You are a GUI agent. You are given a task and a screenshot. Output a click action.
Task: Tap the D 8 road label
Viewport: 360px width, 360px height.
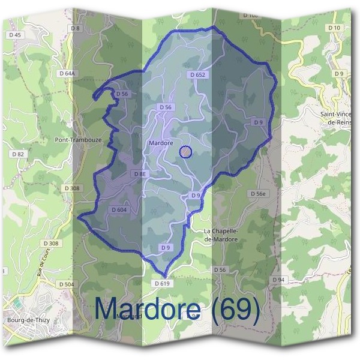click(75, 28)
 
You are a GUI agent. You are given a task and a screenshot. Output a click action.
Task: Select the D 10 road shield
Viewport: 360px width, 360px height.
click(334, 28)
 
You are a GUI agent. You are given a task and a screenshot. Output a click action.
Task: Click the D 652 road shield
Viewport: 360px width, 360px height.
click(197, 75)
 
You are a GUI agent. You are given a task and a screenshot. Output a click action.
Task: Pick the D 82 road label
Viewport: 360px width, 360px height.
click(18, 154)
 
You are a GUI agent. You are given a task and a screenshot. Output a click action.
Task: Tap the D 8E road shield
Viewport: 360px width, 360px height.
click(140, 173)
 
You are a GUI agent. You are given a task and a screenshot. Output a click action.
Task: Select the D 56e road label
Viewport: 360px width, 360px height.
click(257, 193)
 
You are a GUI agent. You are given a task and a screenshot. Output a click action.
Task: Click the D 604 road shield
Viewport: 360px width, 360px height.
click(119, 210)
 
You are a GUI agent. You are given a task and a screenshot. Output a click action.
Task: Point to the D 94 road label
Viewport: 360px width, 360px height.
click(278, 280)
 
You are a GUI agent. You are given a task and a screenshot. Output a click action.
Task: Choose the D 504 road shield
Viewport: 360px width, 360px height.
click(66, 284)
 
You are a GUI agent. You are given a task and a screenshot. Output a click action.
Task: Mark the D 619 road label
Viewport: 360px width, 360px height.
click(162, 283)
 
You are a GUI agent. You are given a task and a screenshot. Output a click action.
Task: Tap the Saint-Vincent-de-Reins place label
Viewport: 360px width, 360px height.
click(339, 118)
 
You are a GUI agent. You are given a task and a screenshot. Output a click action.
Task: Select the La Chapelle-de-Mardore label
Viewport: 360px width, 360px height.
click(221, 235)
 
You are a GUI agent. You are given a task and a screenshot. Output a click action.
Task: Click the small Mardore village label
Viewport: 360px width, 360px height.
click(160, 143)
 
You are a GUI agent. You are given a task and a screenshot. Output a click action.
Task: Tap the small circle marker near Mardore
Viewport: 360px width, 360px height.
click(186, 152)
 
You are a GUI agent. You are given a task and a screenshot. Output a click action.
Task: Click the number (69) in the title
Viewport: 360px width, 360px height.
click(233, 310)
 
